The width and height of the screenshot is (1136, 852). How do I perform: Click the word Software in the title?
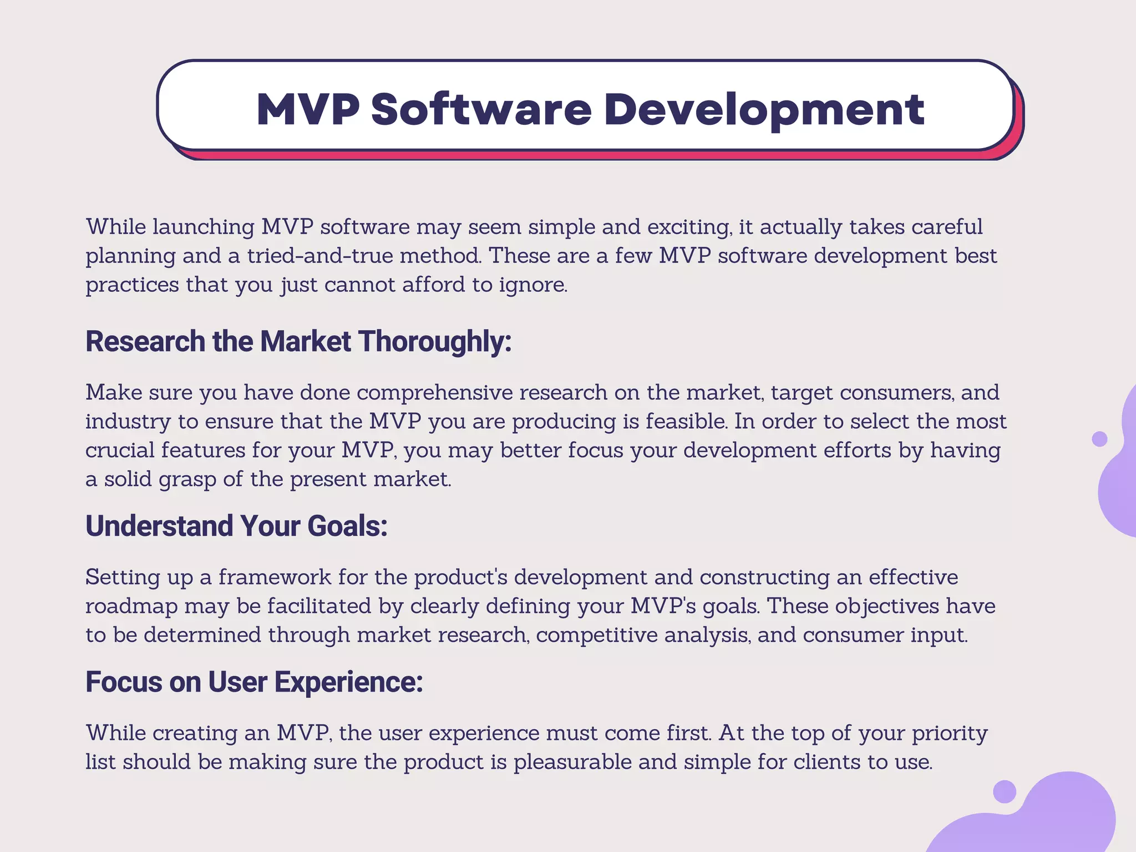click(x=481, y=109)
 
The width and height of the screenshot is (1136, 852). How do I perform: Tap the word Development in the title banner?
click(x=764, y=110)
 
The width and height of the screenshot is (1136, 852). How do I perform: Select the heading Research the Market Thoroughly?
click(x=298, y=341)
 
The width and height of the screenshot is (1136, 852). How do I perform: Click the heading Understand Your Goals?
click(x=236, y=526)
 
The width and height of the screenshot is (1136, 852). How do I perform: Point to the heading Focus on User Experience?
click(x=254, y=682)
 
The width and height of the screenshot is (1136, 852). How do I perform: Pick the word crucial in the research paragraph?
click(x=119, y=450)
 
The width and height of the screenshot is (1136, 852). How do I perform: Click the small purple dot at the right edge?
click(x=1099, y=439)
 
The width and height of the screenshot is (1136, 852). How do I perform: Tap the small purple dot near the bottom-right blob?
click(x=1004, y=792)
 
